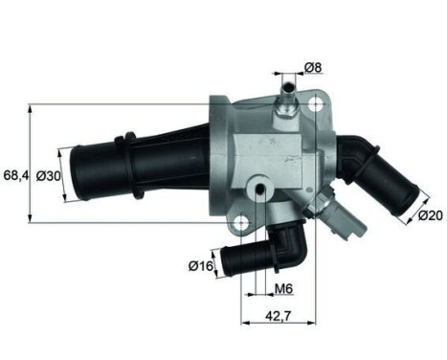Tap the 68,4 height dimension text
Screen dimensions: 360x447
[x=15, y=175]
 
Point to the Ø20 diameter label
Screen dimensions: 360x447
[x=429, y=216]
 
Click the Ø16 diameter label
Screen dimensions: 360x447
[x=200, y=264]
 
